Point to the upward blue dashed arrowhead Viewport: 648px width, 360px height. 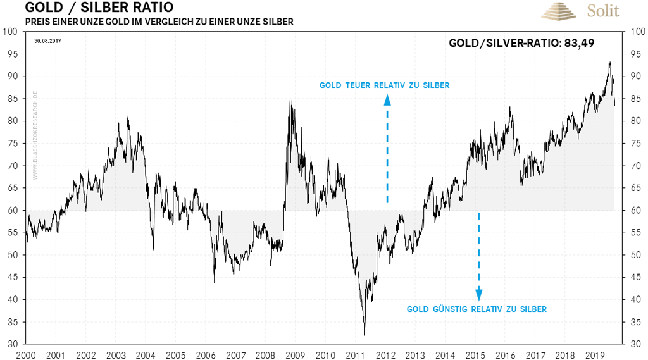click(387, 99)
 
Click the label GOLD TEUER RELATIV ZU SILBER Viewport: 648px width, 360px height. click(384, 85)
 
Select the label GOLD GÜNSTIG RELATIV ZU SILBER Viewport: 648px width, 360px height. click(477, 309)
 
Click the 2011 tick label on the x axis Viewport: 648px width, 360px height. click(355, 355)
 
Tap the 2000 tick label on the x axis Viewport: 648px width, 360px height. click(27, 355)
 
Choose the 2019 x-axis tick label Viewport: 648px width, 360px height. click(594, 355)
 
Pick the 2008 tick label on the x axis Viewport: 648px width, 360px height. click(266, 355)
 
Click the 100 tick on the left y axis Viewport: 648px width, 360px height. click(10, 32)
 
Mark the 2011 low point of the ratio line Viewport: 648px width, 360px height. click(364, 334)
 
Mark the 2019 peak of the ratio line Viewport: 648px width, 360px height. click(609, 63)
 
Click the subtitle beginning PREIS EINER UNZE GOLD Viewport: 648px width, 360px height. click(159, 22)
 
